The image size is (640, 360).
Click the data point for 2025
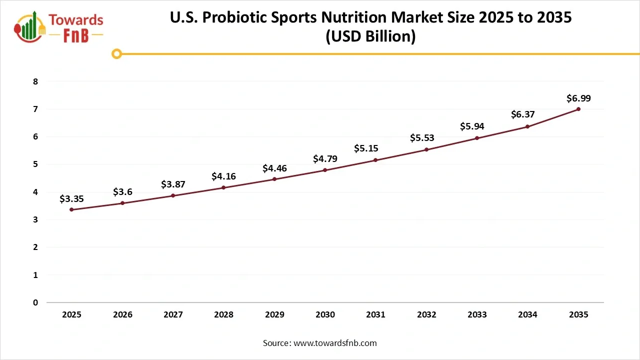71,209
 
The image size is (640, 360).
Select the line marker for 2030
325,170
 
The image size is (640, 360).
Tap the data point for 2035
578,109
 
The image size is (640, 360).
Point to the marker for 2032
426,149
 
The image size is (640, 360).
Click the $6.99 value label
578,98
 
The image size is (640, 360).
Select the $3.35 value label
71,199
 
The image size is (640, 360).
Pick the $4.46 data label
274,168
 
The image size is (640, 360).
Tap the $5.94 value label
472,126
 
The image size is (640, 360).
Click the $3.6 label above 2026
122,191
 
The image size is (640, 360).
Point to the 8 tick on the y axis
35,81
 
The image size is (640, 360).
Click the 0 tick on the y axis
35,302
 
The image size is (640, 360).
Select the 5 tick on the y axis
35,164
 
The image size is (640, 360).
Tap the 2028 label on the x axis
223,315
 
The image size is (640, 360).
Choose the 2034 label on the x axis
527,315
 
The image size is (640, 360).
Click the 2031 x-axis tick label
375,315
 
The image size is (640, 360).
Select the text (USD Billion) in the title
370,37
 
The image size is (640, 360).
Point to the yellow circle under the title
116,54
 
